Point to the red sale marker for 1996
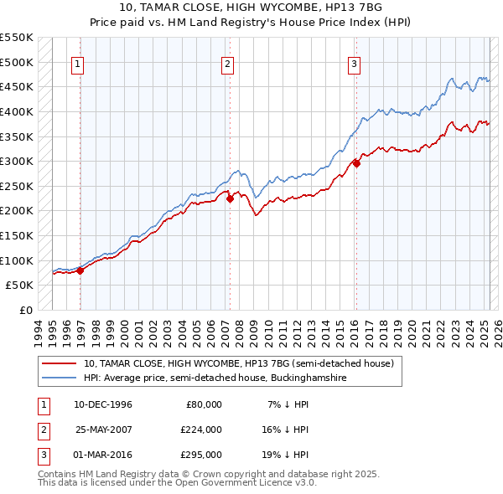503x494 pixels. [x=80, y=270]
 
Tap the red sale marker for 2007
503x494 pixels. [x=230, y=198]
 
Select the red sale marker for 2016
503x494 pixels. [x=356, y=163]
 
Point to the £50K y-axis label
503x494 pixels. [x=20, y=286]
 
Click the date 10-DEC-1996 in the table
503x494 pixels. [x=103, y=404]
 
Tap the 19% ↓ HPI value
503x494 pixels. [x=288, y=455]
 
